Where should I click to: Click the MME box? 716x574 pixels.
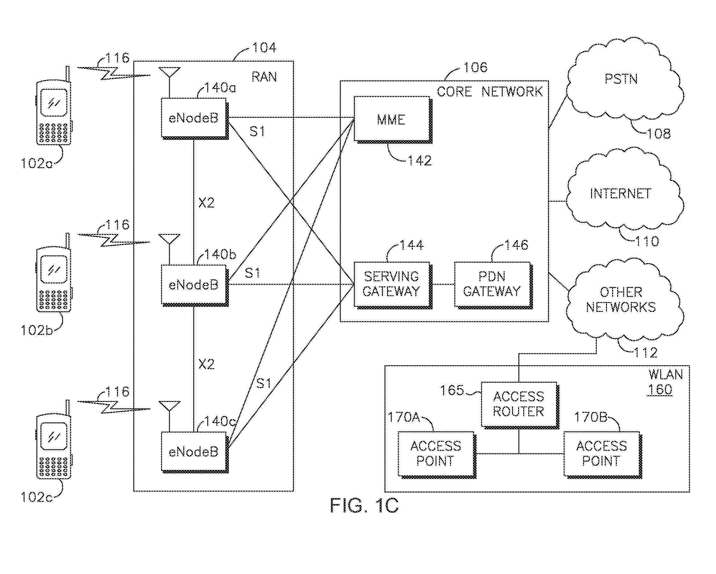click(391, 119)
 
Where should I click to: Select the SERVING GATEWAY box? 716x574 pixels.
click(391, 284)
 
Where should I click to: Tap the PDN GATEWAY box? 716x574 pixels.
click(492, 284)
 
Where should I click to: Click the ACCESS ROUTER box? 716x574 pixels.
click(519, 404)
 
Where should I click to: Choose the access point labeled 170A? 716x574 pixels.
click(436, 454)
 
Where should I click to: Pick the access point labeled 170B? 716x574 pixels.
click(602, 454)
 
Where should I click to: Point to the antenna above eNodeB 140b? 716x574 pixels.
click(169, 239)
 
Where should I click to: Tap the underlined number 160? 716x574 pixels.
click(660, 389)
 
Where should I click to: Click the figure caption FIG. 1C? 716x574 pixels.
click(364, 506)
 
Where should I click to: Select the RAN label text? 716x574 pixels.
click(264, 77)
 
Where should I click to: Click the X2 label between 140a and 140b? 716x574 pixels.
click(206, 202)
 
